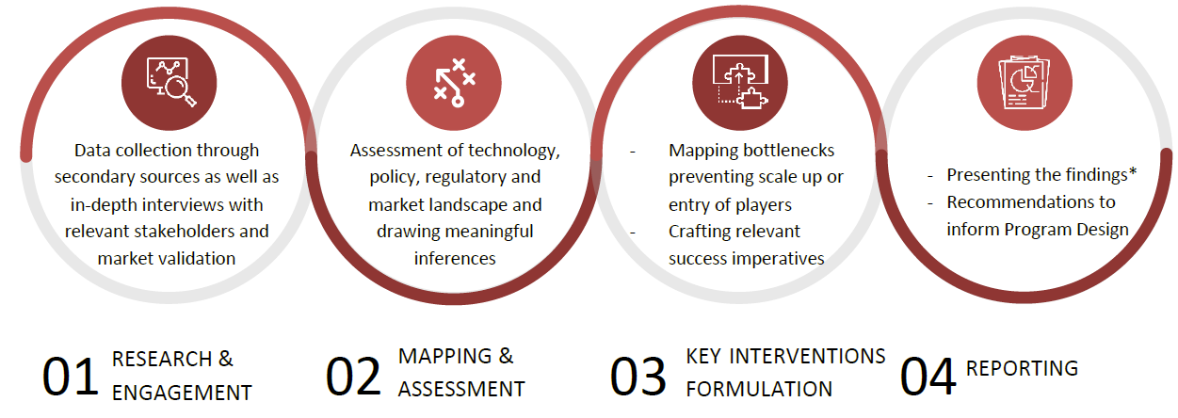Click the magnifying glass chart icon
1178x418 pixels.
(170, 82)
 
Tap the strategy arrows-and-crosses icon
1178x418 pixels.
(454, 83)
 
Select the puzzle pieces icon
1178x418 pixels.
(740, 82)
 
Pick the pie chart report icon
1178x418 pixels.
(1024, 82)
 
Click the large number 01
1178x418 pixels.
(70, 377)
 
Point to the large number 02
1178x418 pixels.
(353, 377)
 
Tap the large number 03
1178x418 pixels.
(637, 377)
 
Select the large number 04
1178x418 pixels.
(928, 377)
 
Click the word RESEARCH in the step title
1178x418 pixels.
(161, 359)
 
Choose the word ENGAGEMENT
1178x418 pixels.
(182, 393)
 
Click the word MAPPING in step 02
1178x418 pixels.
(444, 356)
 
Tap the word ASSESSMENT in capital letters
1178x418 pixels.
(461, 389)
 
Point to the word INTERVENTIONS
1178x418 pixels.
(807, 356)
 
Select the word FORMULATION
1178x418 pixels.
(759, 389)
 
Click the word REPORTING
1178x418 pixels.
(1022, 369)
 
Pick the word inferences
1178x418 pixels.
(455, 259)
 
